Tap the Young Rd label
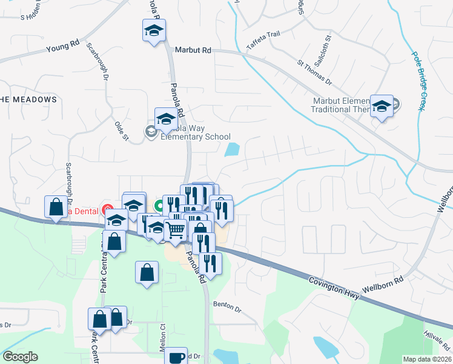[62, 48]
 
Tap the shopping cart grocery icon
[175, 230]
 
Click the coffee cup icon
[177, 357]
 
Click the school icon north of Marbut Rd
[154, 30]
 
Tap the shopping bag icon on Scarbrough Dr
[56, 207]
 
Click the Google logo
[20, 357]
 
